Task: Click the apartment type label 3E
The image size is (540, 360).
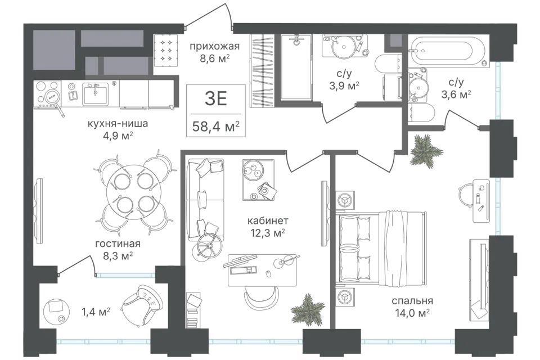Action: [x=216, y=99]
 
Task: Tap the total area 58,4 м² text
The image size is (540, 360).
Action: [x=216, y=127]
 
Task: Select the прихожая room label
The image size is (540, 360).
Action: [x=214, y=46]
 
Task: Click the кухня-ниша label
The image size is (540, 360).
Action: [x=118, y=123]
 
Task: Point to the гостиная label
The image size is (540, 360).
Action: [x=118, y=244]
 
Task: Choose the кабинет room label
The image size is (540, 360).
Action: [x=268, y=220]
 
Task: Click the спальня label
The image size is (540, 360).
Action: [x=412, y=301]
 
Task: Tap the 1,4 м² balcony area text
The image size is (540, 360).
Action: [x=96, y=312]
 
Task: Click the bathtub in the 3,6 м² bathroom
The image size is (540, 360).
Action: [x=447, y=52]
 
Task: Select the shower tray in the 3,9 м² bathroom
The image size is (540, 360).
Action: [x=296, y=67]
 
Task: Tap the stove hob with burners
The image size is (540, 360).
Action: [x=47, y=94]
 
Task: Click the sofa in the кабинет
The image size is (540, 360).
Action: [x=205, y=200]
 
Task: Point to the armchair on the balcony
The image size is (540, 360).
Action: [x=142, y=304]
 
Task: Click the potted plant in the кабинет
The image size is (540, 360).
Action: [x=308, y=308]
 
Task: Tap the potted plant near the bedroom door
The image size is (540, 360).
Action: [x=426, y=151]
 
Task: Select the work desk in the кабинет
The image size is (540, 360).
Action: [x=263, y=270]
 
